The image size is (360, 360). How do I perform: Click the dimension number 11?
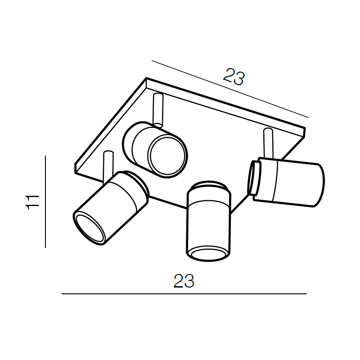32,202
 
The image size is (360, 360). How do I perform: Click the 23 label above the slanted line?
234,76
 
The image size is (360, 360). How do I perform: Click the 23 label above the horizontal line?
184,281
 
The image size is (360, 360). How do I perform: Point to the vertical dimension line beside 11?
45,202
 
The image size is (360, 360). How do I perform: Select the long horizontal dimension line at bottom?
184,294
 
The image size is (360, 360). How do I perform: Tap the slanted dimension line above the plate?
230,89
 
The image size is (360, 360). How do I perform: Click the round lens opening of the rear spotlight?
167,156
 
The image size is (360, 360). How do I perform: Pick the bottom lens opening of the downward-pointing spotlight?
208,254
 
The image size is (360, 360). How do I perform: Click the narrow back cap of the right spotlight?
254,178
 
